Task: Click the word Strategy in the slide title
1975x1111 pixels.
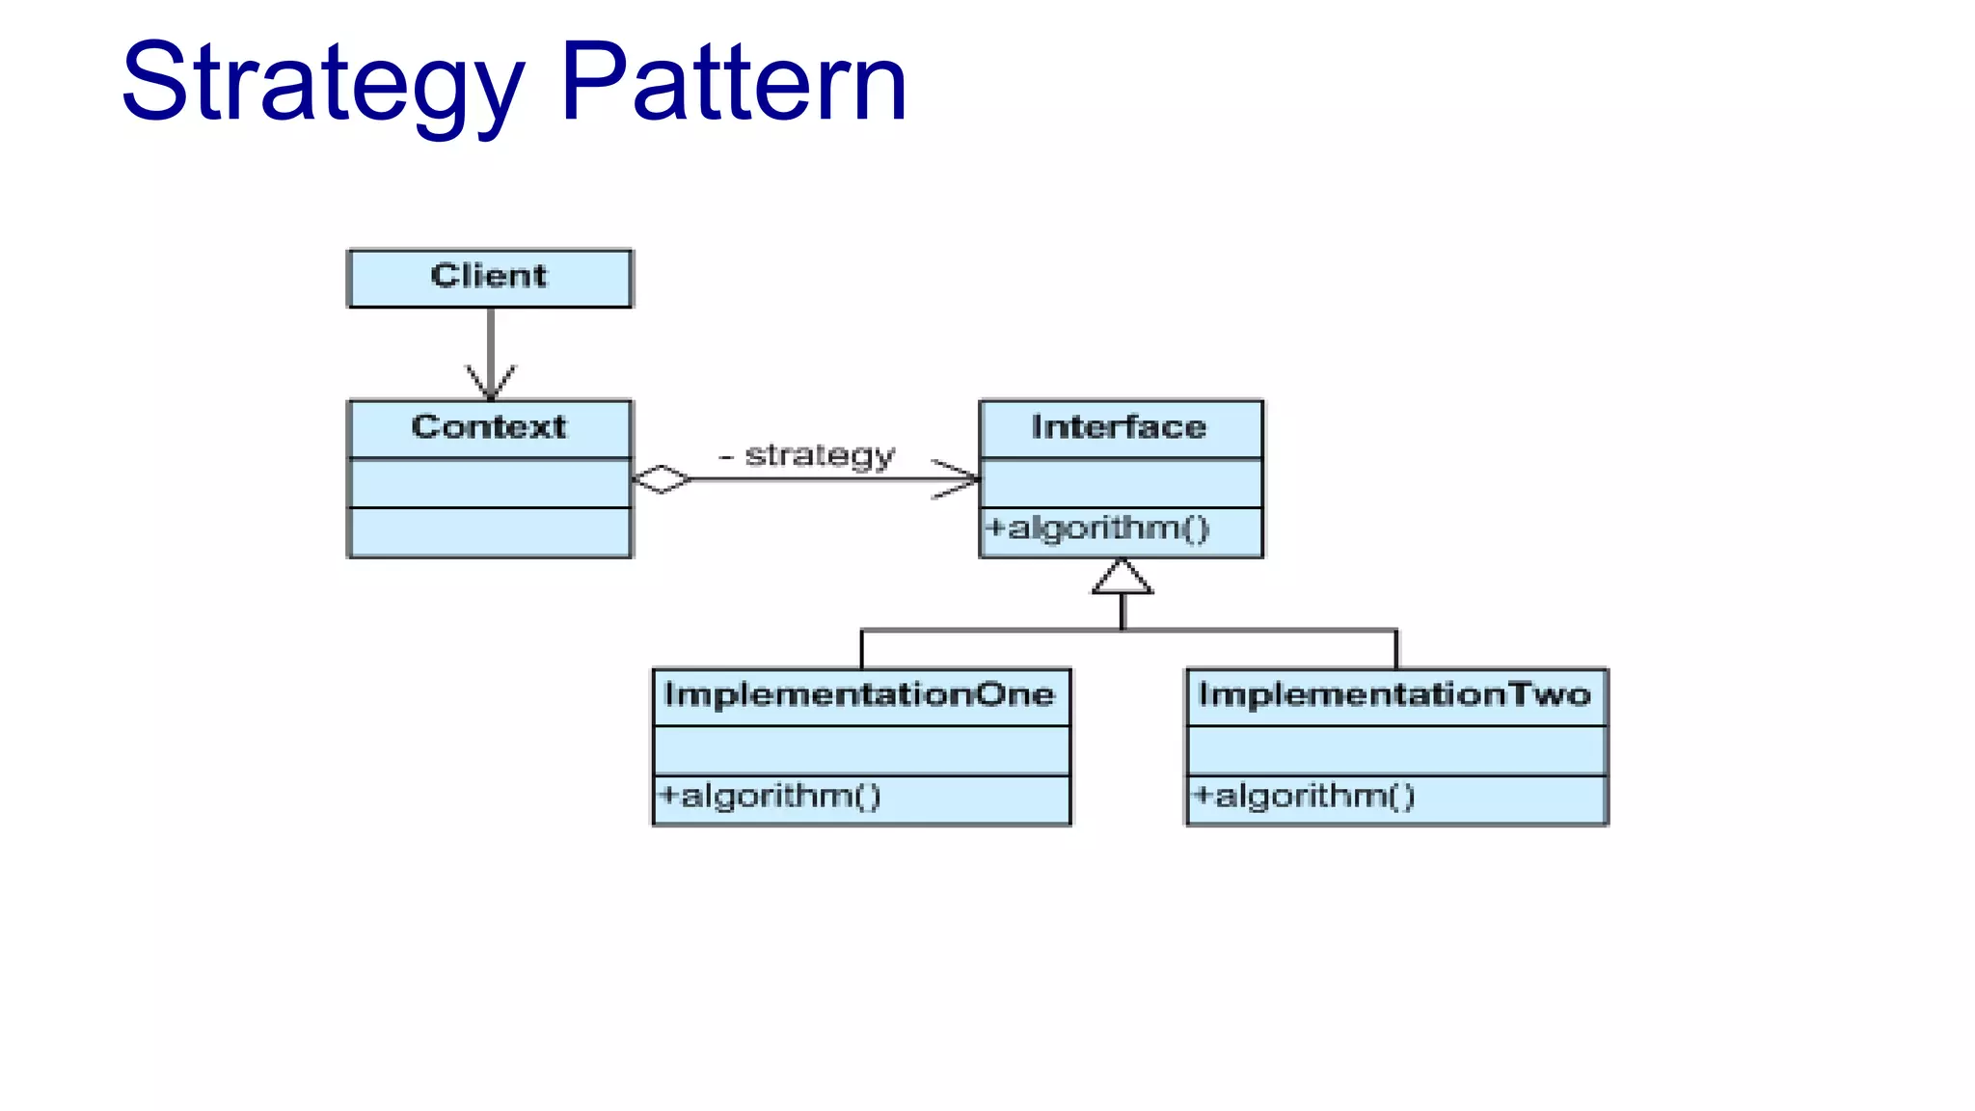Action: (323, 85)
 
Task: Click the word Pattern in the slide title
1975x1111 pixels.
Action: (733, 85)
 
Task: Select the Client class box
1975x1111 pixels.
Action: (490, 278)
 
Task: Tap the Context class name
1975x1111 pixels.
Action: (489, 427)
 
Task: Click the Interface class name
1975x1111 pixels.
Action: (1119, 427)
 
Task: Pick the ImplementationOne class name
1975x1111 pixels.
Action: (859, 695)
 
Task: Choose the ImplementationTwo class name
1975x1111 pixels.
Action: (1394, 695)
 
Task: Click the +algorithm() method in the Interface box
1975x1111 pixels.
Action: (1097, 528)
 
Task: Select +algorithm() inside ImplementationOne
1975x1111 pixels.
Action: (770, 797)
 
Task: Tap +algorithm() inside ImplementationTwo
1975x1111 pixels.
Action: (1304, 797)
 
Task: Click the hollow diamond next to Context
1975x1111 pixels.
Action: (662, 479)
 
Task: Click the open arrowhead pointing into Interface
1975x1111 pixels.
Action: (960, 479)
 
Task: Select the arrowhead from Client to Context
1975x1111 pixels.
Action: (491, 384)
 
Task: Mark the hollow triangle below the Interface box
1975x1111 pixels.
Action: (1122, 579)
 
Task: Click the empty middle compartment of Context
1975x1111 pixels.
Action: (490, 483)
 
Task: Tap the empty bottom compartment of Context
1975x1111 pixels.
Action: (490, 532)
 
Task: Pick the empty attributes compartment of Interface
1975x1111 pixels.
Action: (1121, 483)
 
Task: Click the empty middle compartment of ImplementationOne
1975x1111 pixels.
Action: (861, 750)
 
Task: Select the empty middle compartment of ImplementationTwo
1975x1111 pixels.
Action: (1395, 750)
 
